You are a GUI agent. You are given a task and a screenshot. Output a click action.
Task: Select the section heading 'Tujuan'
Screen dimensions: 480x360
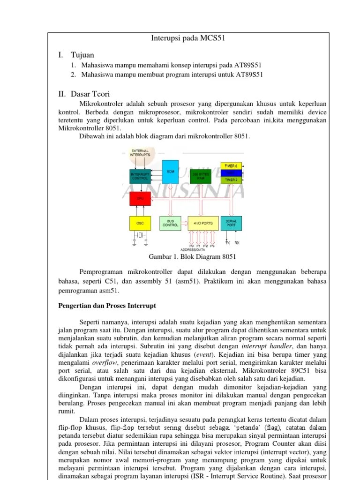(x=82, y=55)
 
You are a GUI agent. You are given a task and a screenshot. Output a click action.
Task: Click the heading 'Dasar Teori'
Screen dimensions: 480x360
(x=90, y=94)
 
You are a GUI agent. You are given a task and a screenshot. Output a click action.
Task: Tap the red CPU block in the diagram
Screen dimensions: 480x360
(x=140, y=199)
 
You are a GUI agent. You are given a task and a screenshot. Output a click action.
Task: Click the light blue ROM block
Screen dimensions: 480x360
(x=171, y=172)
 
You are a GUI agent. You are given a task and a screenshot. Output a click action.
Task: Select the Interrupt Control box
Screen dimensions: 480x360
(x=140, y=176)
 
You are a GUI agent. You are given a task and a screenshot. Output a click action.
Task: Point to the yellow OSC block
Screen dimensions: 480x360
(x=140, y=223)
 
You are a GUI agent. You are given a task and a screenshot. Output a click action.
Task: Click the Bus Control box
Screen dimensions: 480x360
(x=171, y=223)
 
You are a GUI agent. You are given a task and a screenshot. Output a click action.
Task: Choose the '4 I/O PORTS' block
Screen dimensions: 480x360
(x=202, y=223)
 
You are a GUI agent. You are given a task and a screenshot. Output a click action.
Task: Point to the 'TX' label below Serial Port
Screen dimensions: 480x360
(x=227, y=243)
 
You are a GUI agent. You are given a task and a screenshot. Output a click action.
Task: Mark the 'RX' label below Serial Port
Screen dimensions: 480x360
(x=237, y=243)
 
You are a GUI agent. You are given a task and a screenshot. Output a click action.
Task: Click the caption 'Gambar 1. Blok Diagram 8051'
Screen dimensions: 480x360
(x=192, y=257)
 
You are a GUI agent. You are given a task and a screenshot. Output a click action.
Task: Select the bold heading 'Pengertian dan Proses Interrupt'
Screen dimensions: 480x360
(x=107, y=306)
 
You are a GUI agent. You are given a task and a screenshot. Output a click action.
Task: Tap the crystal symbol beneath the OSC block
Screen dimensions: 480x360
(x=140, y=234)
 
